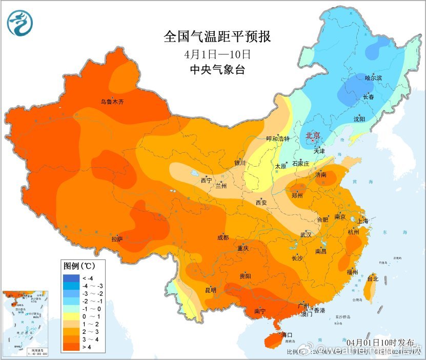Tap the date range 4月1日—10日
(x=217, y=53)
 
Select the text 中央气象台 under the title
(x=217, y=69)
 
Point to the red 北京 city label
(x=313, y=135)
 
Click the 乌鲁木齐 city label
(x=112, y=102)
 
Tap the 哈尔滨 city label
(x=373, y=78)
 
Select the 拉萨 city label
(x=117, y=239)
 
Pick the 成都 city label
(x=222, y=237)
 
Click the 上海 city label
(x=363, y=221)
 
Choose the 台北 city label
(x=373, y=279)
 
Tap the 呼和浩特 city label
(x=278, y=139)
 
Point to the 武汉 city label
(x=307, y=235)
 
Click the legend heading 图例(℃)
(x=78, y=266)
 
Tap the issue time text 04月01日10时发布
(x=377, y=342)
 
